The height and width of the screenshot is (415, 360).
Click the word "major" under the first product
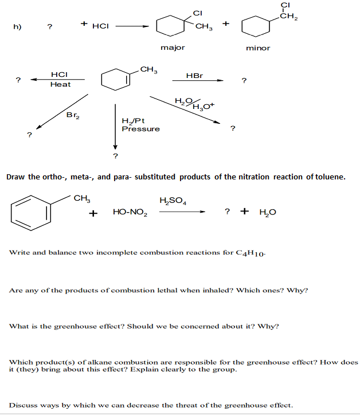(173, 48)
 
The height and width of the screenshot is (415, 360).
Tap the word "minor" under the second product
(258, 48)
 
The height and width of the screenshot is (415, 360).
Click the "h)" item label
(15, 26)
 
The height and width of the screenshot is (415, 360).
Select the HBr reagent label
(195, 76)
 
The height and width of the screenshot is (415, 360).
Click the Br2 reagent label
(73, 115)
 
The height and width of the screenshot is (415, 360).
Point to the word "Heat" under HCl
(60, 84)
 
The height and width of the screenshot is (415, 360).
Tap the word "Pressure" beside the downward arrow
(140, 129)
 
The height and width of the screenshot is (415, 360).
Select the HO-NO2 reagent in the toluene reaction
(130, 213)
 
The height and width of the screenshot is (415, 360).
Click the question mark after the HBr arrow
(244, 80)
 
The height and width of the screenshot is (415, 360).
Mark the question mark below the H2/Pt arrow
(115, 155)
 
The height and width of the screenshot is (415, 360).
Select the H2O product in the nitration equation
(267, 213)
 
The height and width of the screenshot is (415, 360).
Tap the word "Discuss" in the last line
(23, 405)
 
